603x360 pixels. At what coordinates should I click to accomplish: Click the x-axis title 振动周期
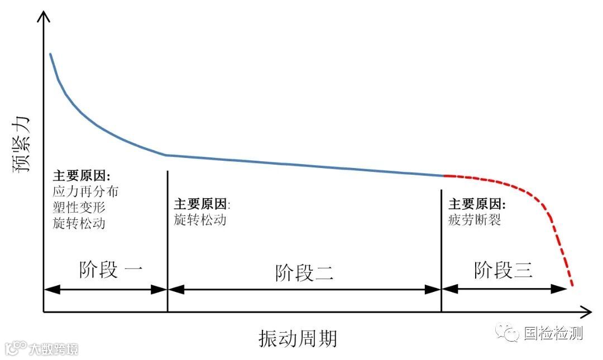click(298, 338)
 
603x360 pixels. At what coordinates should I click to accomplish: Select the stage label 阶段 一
click(111, 270)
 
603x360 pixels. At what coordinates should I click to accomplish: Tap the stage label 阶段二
click(304, 273)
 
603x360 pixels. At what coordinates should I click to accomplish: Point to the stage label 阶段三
click(503, 270)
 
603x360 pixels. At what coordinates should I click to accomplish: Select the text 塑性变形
click(79, 207)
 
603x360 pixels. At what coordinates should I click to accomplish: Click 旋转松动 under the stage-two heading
click(200, 219)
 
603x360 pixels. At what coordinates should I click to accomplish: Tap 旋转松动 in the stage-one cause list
click(79, 223)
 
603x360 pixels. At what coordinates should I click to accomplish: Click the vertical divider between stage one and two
click(167, 240)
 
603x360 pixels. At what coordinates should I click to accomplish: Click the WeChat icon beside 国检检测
click(509, 334)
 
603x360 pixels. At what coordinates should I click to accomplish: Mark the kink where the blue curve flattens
click(166, 155)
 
